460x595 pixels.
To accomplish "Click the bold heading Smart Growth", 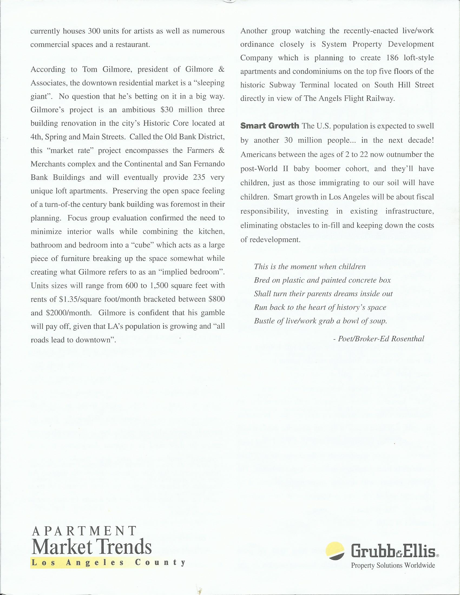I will pyautogui.click(x=270, y=126).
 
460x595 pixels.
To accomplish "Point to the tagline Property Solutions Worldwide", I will pyautogui.click(x=393, y=566).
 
